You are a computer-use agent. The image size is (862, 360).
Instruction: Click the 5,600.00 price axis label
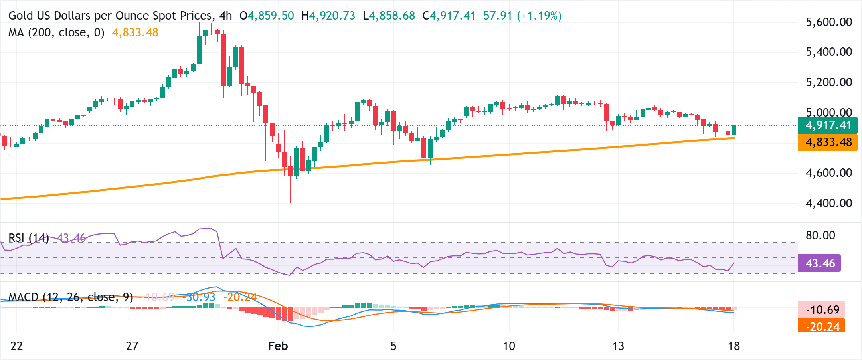point(828,22)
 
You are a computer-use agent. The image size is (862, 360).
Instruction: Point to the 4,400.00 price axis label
point(828,203)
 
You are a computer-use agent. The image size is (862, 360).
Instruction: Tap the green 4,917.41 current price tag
point(828,125)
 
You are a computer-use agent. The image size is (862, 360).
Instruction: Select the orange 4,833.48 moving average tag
point(828,142)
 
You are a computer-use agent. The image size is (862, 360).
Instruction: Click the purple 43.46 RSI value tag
point(819,263)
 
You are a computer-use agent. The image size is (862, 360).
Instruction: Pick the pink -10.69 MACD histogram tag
point(822,309)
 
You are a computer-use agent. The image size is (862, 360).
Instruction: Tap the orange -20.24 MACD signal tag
point(822,326)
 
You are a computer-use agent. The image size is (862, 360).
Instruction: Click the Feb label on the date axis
point(278,346)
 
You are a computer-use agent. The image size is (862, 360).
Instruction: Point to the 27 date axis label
point(132,346)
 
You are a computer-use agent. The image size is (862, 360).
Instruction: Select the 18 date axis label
point(733,346)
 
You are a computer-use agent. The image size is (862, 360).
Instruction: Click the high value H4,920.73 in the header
point(328,16)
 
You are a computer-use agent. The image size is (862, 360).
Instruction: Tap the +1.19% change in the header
point(539,16)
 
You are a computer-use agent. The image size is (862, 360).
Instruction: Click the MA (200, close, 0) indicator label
point(56,32)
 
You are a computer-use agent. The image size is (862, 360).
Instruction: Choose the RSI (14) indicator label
point(28,238)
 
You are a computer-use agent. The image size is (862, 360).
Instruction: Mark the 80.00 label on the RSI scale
point(820,235)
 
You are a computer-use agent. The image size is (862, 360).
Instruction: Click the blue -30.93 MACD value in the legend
point(199,297)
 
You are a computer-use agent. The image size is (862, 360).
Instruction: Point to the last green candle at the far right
point(734,130)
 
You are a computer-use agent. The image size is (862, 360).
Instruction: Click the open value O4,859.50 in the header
point(267,16)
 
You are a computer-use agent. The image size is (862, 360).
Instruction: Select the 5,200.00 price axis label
point(828,82)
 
